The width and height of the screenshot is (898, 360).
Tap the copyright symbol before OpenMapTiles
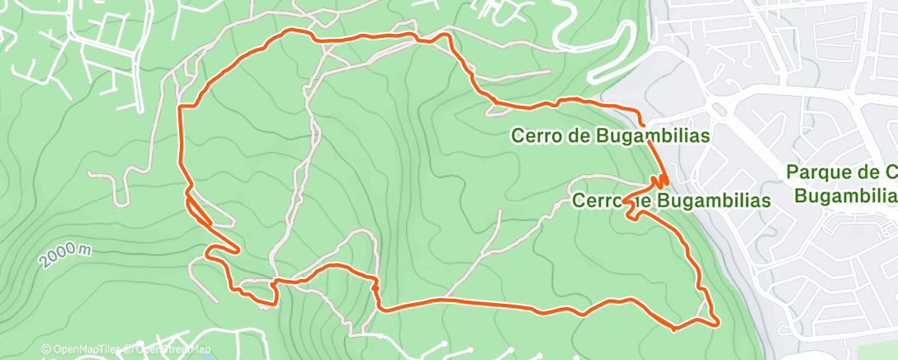tap(45, 349)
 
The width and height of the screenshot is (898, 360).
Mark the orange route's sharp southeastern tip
tap(715, 321)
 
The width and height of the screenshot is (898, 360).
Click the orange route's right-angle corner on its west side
tap(182, 107)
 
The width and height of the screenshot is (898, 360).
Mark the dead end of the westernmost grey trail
tap(90, 175)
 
